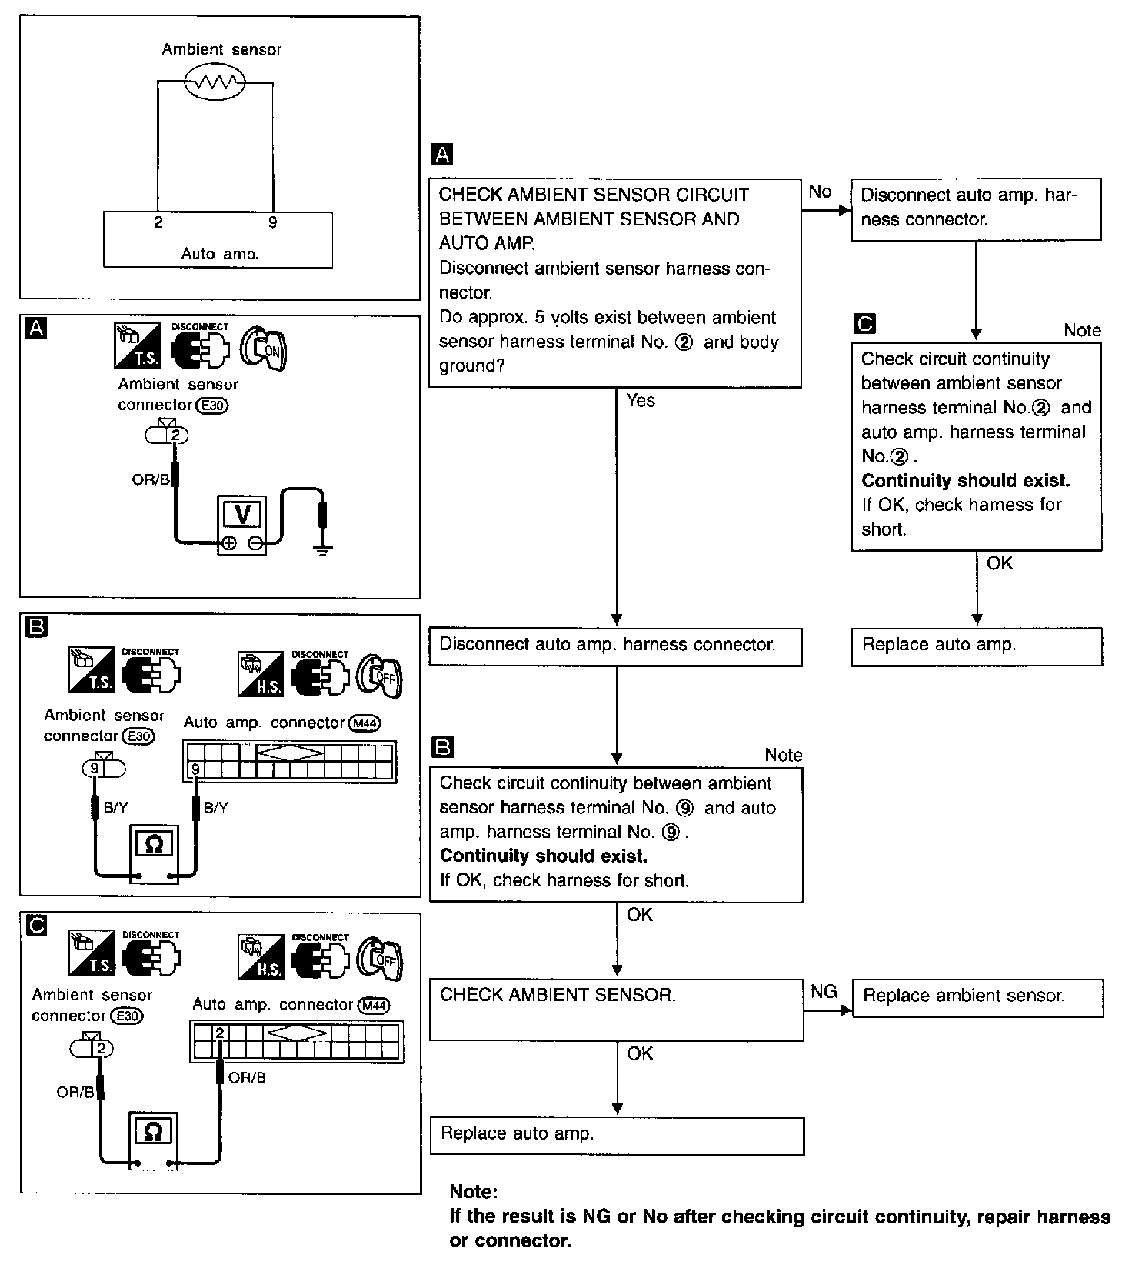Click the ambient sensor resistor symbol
click(x=215, y=82)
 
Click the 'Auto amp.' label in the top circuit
click(x=219, y=253)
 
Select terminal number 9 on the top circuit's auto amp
click(x=272, y=222)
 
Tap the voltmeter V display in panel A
click(x=241, y=513)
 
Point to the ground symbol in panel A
click(x=323, y=549)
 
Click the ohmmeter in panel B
click(x=154, y=846)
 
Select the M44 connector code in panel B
click(x=365, y=723)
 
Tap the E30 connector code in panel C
click(x=127, y=1016)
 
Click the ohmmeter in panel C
click(x=153, y=1132)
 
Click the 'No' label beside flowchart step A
click(x=820, y=192)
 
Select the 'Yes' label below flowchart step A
click(x=641, y=400)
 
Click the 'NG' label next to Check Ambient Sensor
click(x=824, y=991)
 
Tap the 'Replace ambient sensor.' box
click(x=977, y=997)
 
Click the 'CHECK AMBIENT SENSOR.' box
click(x=616, y=1009)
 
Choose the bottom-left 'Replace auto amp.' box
click(x=616, y=1135)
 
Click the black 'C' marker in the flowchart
click(x=864, y=324)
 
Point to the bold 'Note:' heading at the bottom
click(x=474, y=1191)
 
